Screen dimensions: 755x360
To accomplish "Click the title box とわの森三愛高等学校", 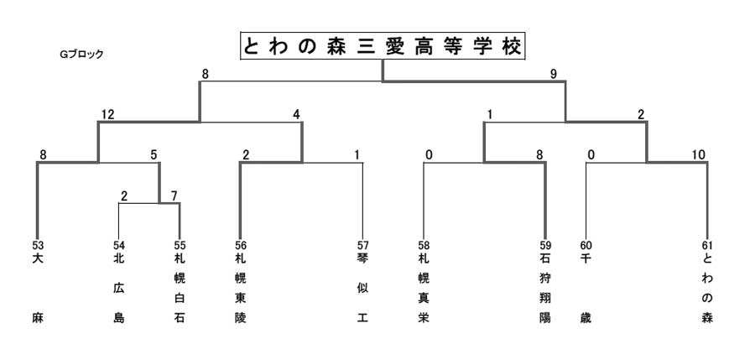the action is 383,46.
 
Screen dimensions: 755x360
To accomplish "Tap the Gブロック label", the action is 81,55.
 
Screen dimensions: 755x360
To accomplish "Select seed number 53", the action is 38,246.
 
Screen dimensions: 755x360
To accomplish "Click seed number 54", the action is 118,246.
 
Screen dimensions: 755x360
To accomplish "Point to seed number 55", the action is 180,246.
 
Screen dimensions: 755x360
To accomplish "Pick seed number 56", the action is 240,246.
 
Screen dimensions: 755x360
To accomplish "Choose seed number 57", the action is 362,246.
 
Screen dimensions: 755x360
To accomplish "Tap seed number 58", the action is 424,246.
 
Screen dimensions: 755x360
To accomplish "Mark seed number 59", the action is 545,246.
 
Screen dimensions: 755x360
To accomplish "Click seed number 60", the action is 586,246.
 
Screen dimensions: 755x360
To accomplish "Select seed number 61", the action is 707,246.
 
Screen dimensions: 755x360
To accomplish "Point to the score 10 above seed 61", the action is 699,154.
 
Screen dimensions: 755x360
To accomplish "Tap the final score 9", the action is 554,74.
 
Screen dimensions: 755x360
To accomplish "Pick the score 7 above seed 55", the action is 174,196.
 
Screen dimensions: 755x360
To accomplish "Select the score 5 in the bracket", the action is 154,154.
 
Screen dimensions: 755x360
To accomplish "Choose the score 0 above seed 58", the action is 429,154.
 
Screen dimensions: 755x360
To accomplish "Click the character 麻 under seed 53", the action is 38,318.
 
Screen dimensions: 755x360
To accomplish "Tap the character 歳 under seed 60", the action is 586,318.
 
